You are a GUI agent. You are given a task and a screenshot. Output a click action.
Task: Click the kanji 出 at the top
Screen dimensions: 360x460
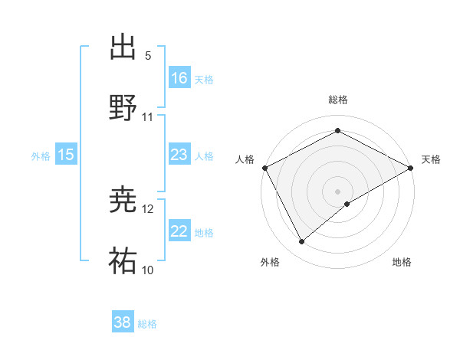click(x=123, y=47)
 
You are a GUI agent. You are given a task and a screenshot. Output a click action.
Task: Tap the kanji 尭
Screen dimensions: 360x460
click(x=123, y=201)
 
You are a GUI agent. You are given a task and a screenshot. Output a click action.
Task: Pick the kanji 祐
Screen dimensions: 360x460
click(x=123, y=261)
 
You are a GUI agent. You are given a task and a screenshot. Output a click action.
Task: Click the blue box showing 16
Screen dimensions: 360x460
click(x=179, y=78)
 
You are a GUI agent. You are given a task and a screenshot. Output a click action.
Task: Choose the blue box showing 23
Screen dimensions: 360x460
click(x=179, y=155)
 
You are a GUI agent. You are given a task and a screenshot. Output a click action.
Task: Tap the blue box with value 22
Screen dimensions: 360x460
click(x=179, y=231)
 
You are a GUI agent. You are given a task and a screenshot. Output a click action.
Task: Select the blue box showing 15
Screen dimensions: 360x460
click(x=66, y=155)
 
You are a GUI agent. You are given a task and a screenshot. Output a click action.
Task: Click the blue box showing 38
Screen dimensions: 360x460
click(x=123, y=323)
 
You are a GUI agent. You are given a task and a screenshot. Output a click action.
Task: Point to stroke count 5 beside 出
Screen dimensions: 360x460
click(x=148, y=56)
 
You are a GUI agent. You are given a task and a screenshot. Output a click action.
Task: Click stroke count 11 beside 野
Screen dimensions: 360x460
click(x=148, y=117)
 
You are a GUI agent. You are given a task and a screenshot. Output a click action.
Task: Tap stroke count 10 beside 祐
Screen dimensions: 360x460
click(x=148, y=270)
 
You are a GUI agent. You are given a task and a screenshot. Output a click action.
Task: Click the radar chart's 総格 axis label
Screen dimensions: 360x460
click(x=337, y=100)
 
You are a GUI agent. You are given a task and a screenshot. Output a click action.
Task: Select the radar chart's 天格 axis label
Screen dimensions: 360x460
click(x=431, y=159)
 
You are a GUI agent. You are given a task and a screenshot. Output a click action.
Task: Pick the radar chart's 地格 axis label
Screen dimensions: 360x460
click(x=402, y=263)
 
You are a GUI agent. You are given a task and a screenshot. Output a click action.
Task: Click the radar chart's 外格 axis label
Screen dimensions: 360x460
click(x=270, y=263)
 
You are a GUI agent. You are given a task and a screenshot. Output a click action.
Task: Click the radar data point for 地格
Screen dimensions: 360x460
click(x=347, y=204)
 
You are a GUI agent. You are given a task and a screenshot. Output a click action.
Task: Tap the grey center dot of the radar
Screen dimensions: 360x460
click(x=337, y=191)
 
